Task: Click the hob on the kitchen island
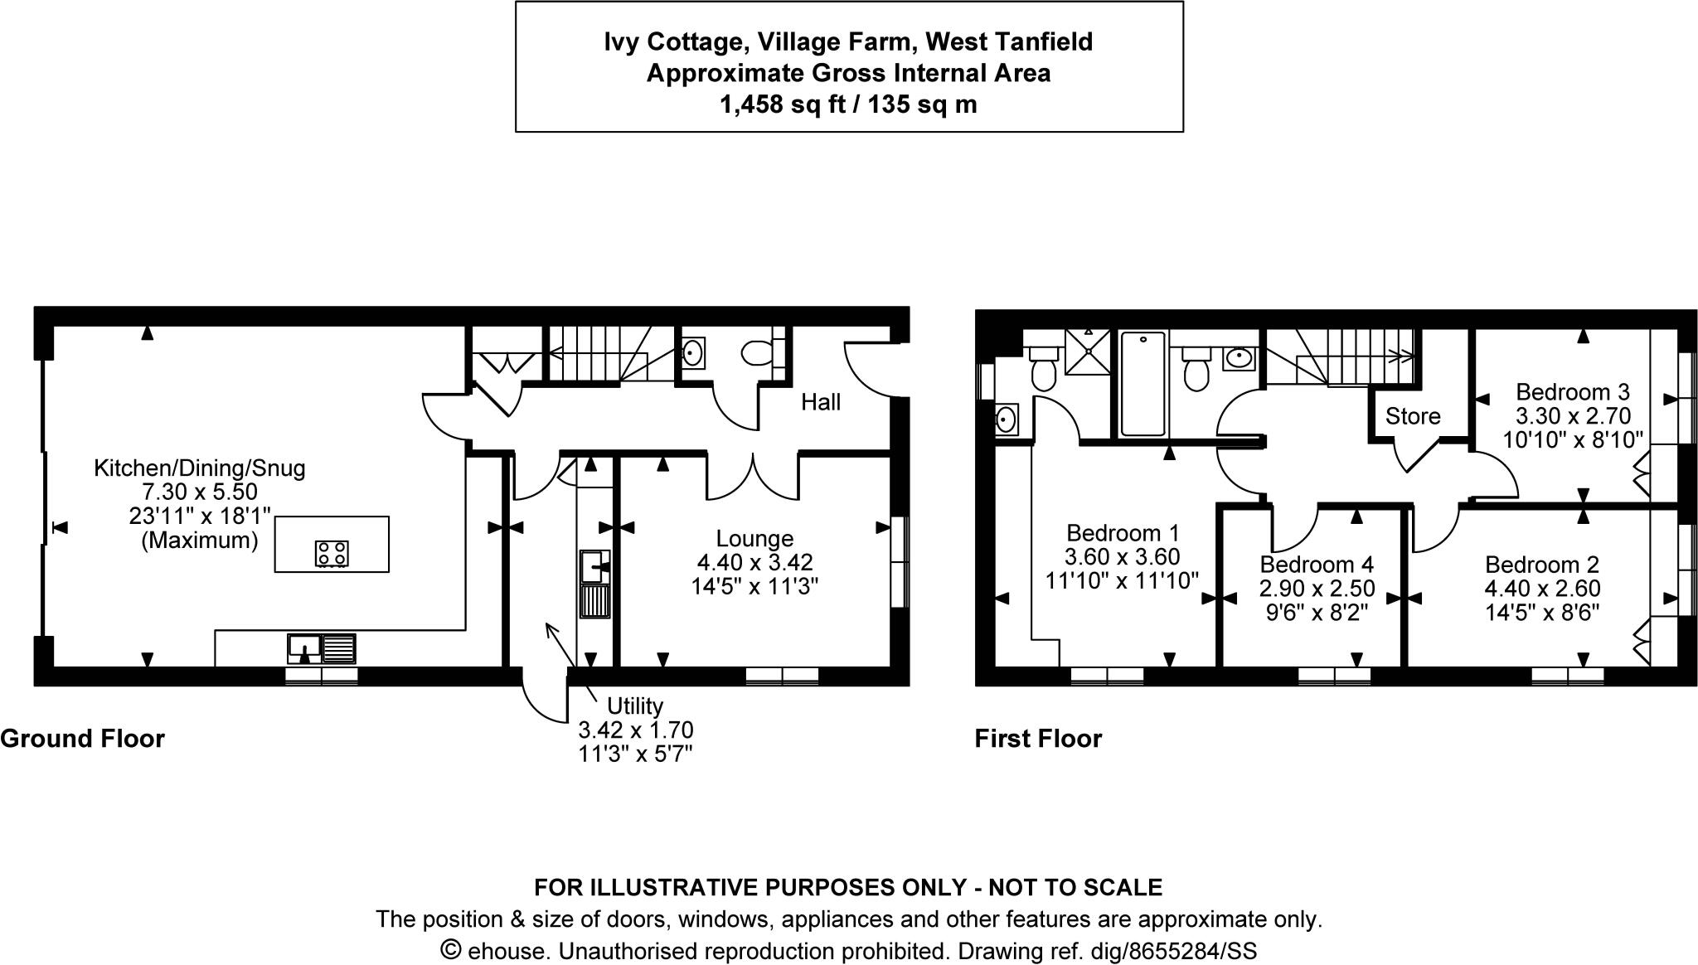[332, 553]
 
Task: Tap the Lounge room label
[754, 539]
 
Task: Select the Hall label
[821, 403]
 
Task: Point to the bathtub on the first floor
[1142, 384]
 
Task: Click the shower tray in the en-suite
[1088, 352]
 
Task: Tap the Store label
[1413, 416]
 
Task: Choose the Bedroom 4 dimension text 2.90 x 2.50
[1317, 589]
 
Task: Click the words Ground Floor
[83, 738]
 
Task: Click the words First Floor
[1038, 738]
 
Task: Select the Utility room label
[635, 706]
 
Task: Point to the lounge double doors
[753, 478]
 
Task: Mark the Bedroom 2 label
[1541, 565]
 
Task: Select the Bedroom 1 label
[1123, 533]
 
